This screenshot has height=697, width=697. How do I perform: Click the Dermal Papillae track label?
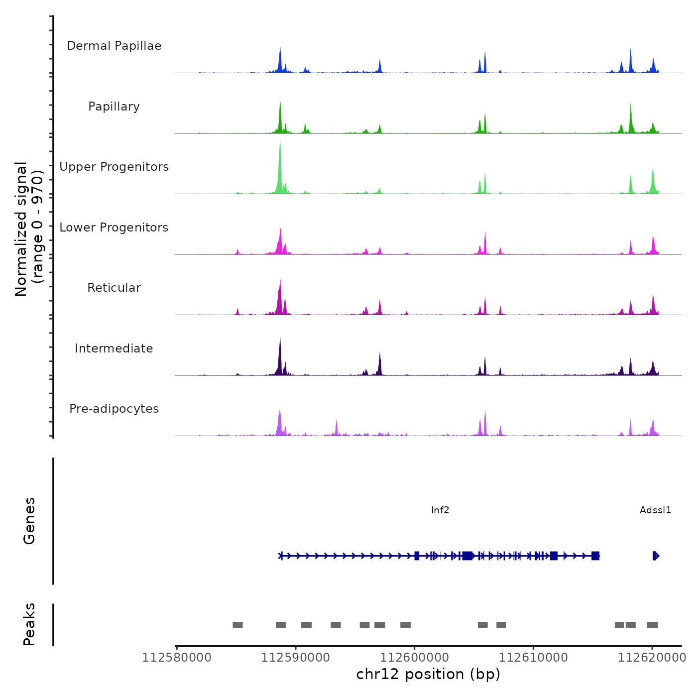(x=114, y=46)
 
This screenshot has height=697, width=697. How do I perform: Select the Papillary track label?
(x=114, y=107)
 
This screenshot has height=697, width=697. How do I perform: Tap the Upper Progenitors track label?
(x=114, y=167)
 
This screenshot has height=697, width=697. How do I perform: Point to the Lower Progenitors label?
(x=114, y=228)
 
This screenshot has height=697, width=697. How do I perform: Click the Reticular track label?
(x=114, y=288)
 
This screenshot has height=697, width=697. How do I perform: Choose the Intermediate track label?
(x=114, y=348)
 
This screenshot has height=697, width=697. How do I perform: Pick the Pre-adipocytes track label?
(x=114, y=409)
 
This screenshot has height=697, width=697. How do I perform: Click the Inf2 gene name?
(x=440, y=510)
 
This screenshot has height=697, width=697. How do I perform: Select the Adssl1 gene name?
(x=655, y=510)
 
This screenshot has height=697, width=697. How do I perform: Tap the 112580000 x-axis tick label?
(x=177, y=658)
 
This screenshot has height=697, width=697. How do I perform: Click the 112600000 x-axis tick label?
(x=415, y=658)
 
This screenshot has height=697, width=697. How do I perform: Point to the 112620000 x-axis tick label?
(x=652, y=658)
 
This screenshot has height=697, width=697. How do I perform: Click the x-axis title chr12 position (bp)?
(x=428, y=674)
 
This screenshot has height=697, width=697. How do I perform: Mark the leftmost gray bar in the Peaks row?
(x=237, y=625)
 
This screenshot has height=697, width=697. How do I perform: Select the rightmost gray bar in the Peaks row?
(x=652, y=625)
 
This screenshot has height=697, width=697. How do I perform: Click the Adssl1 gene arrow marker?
(x=656, y=556)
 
